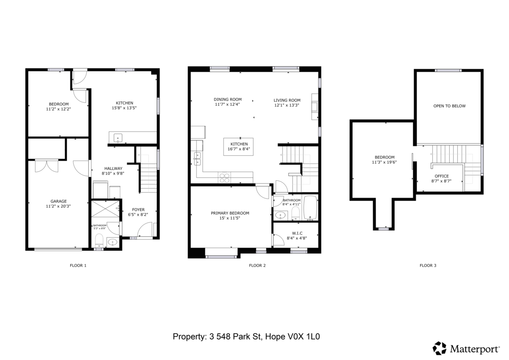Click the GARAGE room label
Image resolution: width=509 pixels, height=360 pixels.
pyautogui.click(x=59, y=201)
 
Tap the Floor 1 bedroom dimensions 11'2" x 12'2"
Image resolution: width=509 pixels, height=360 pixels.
pyautogui.click(x=59, y=109)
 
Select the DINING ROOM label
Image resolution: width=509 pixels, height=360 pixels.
pyautogui.click(x=227, y=99)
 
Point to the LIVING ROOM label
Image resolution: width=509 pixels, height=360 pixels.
pyautogui.click(x=287, y=100)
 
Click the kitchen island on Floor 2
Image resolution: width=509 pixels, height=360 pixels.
pyautogui.click(x=239, y=146)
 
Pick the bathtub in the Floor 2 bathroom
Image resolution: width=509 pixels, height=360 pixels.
pyautogui.click(x=310, y=208)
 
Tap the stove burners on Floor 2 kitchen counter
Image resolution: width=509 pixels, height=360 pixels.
pyautogui.click(x=224, y=177)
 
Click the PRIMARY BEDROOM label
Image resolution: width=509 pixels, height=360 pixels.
pyautogui.click(x=230, y=213)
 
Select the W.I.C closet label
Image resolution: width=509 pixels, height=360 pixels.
pyautogui.click(x=297, y=233)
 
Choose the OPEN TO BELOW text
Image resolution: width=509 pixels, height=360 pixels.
pyautogui.click(x=449, y=106)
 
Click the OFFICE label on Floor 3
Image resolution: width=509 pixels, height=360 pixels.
pyautogui.click(x=442, y=176)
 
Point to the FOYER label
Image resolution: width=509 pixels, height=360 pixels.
pyautogui.click(x=138, y=210)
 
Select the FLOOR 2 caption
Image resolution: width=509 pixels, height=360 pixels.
pyautogui.click(x=257, y=266)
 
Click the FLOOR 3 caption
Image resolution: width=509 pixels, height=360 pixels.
pyautogui.click(x=428, y=266)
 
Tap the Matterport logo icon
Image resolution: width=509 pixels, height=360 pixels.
pyautogui.click(x=440, y=348)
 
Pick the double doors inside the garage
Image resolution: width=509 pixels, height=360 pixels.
pyautogui.click(x=47, y=166)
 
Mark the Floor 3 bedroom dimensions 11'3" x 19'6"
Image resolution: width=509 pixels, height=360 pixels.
pyautogui.click(x=384, y=162)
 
